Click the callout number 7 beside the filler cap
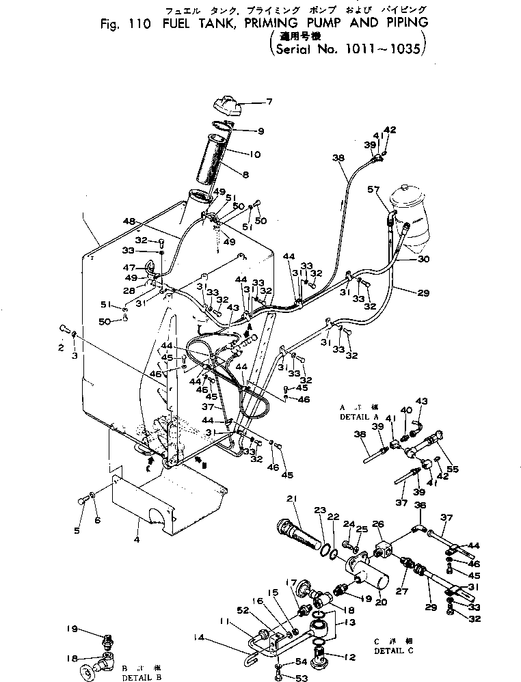click(269, 103)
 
